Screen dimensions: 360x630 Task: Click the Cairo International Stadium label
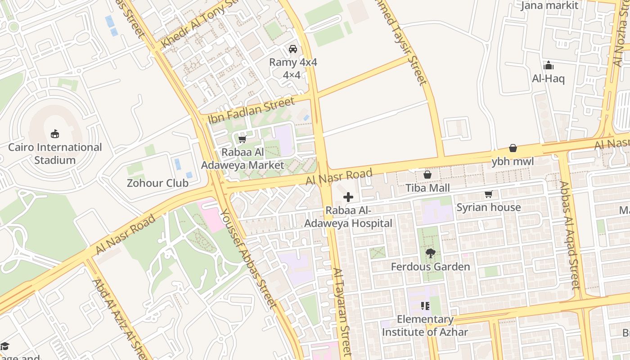click(55, 153)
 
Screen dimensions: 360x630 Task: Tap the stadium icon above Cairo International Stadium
click(55, 134)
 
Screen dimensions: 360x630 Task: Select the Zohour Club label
click(157, 183)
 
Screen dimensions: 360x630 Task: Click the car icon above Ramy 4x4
click(293, 49)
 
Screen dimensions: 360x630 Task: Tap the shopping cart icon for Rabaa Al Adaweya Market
click(243, 139)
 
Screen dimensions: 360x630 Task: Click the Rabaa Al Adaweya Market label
click(243, 158)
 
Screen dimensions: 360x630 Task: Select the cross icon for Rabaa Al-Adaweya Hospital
click(348, 197)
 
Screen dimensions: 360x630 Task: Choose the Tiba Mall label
click(427, 188)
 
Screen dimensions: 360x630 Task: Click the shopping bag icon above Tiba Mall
click(427, 174)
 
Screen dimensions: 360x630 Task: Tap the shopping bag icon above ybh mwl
click(513, 148)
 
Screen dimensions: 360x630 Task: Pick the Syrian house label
click(488, 207)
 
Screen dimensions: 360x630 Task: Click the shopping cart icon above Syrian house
click(488, 194)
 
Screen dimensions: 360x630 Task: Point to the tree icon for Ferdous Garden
click(430, 253)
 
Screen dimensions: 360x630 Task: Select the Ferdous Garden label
click(430, 266)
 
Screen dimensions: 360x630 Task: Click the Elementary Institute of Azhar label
click(425, 326)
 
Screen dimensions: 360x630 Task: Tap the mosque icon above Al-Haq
click(548, 66)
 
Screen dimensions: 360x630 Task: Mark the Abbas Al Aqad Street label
click(569, 235)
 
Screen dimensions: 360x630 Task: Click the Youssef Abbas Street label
click(248, 258)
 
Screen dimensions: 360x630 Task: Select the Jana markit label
click(549, 5)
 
